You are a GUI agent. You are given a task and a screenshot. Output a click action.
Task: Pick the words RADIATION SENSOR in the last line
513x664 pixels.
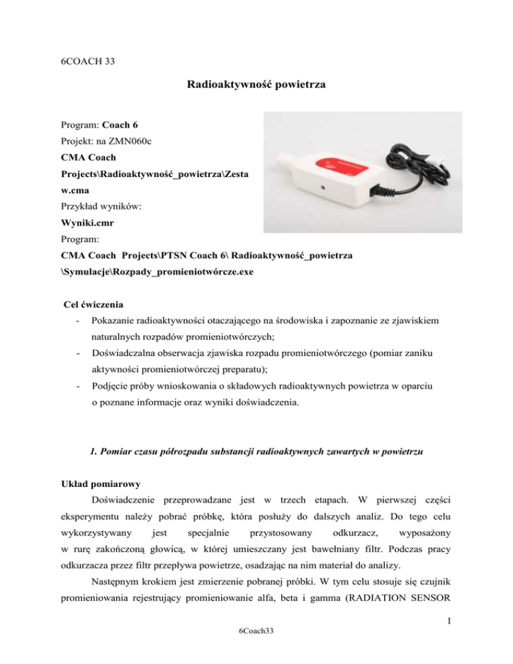point(407,625)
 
